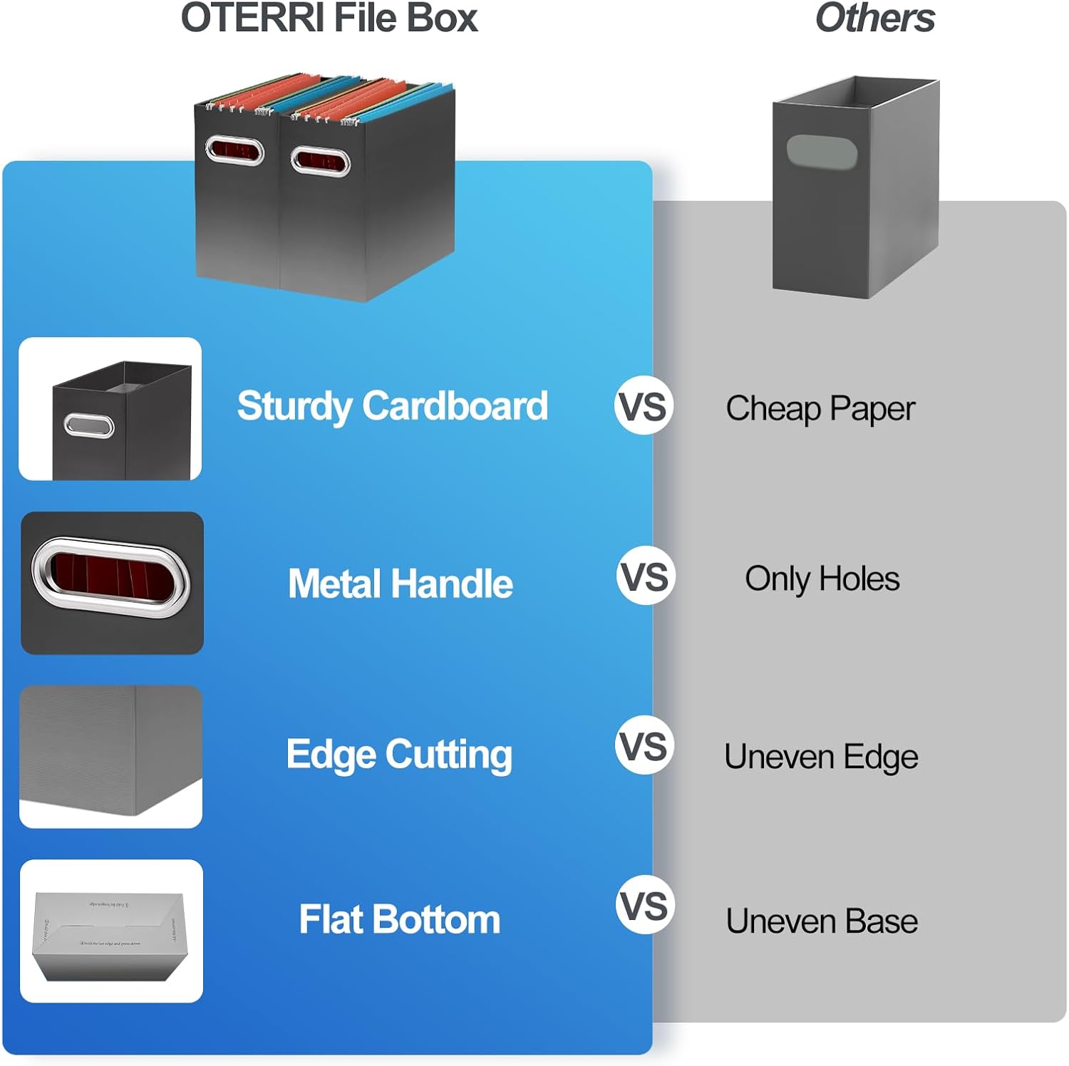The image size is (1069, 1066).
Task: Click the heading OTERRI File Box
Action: click(x=329, y=19)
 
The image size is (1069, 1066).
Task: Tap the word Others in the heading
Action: click(x=874, y=19)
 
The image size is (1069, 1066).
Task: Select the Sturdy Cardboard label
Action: click(x=393, y=406)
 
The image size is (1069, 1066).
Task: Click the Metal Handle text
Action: click(x=400, y=584)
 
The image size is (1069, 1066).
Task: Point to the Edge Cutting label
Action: click(x=399, y=755)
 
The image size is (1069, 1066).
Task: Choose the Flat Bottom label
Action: click(x=399, y=919)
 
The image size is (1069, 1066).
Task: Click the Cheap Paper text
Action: click(x=820, y=409)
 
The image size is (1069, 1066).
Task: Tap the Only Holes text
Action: click(x=822, y=579)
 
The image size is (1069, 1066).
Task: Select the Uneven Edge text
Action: click(x=821, y=757)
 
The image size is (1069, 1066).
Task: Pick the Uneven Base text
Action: click(x=822, y=921)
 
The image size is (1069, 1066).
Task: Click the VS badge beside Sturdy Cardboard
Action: click(x=644, y=406)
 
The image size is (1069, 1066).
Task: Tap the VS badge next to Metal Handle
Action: click(x=645, y=576)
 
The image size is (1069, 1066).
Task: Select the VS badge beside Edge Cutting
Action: click(x=644, y=746)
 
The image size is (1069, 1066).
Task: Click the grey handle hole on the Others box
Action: click(x=821, y=152)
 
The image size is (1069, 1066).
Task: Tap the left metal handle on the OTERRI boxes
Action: click(x=234, y=150)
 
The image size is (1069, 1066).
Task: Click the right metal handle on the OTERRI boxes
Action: click(x=320, y=161)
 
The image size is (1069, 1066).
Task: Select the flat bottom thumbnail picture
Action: click(x=110, y=931)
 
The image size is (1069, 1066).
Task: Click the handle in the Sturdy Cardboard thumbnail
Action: click(x=89, y=426)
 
